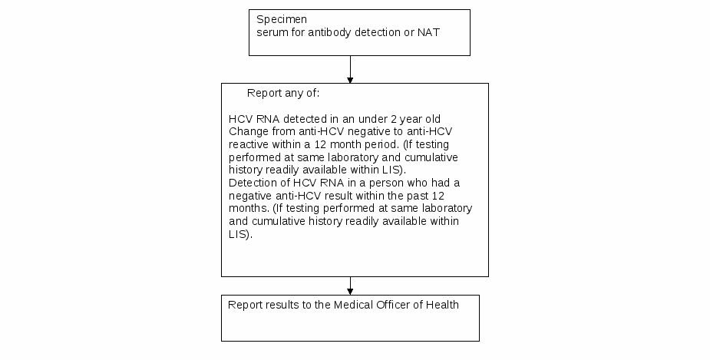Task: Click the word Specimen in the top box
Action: click(x=282, y=20)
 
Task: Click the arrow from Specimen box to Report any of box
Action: click(x=350, y=69)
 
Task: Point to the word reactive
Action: click(x=249, y=145)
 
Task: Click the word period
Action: click(x=384, y=145)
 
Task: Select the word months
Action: click(x=249, y=208)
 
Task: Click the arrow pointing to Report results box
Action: click(x=350, y=286)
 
